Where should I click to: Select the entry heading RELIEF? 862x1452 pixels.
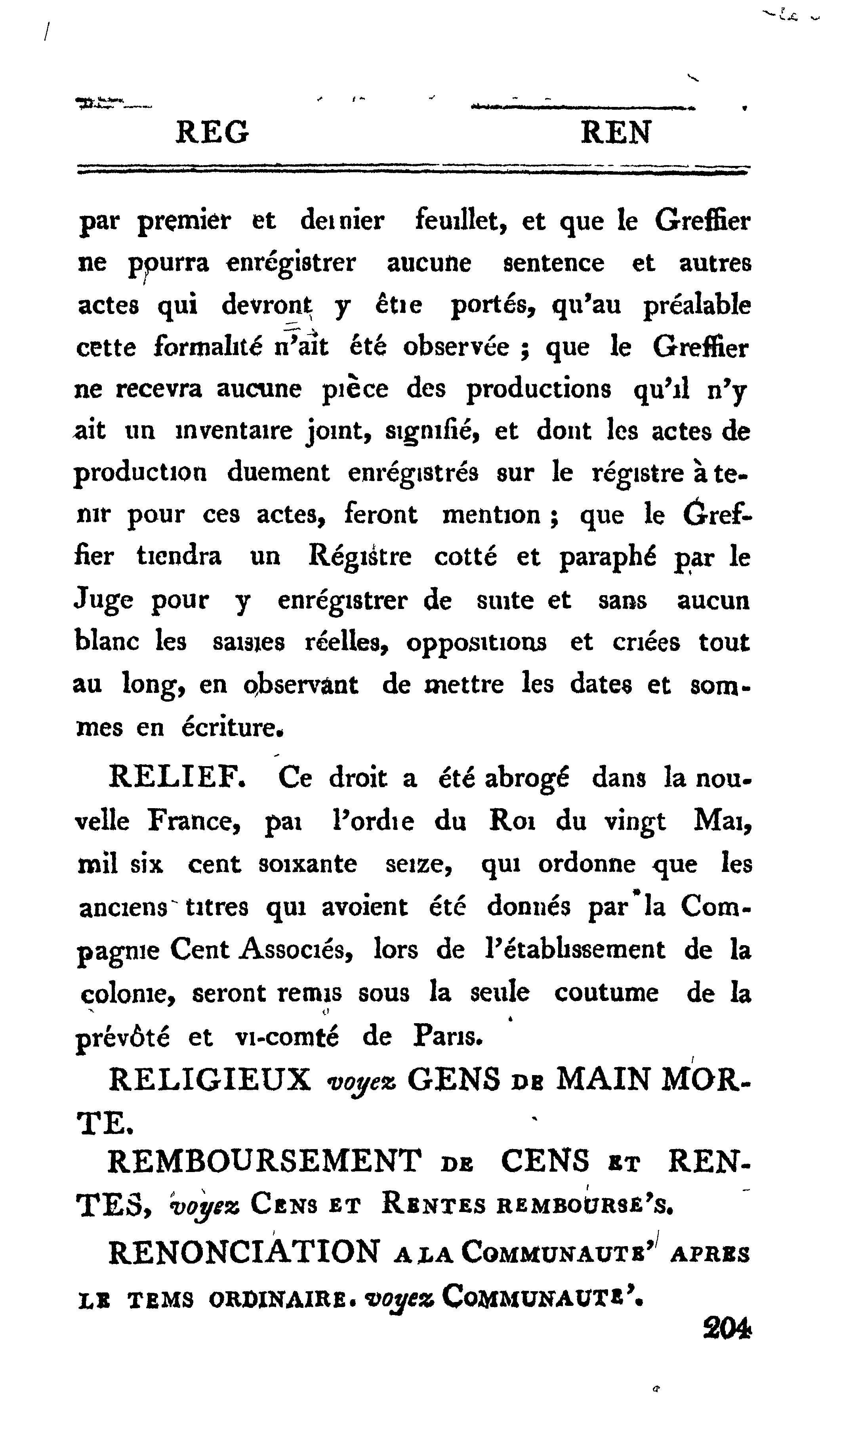177,778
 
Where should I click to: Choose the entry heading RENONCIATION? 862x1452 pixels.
244,1252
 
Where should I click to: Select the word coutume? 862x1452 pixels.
606,993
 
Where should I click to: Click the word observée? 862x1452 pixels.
456,348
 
